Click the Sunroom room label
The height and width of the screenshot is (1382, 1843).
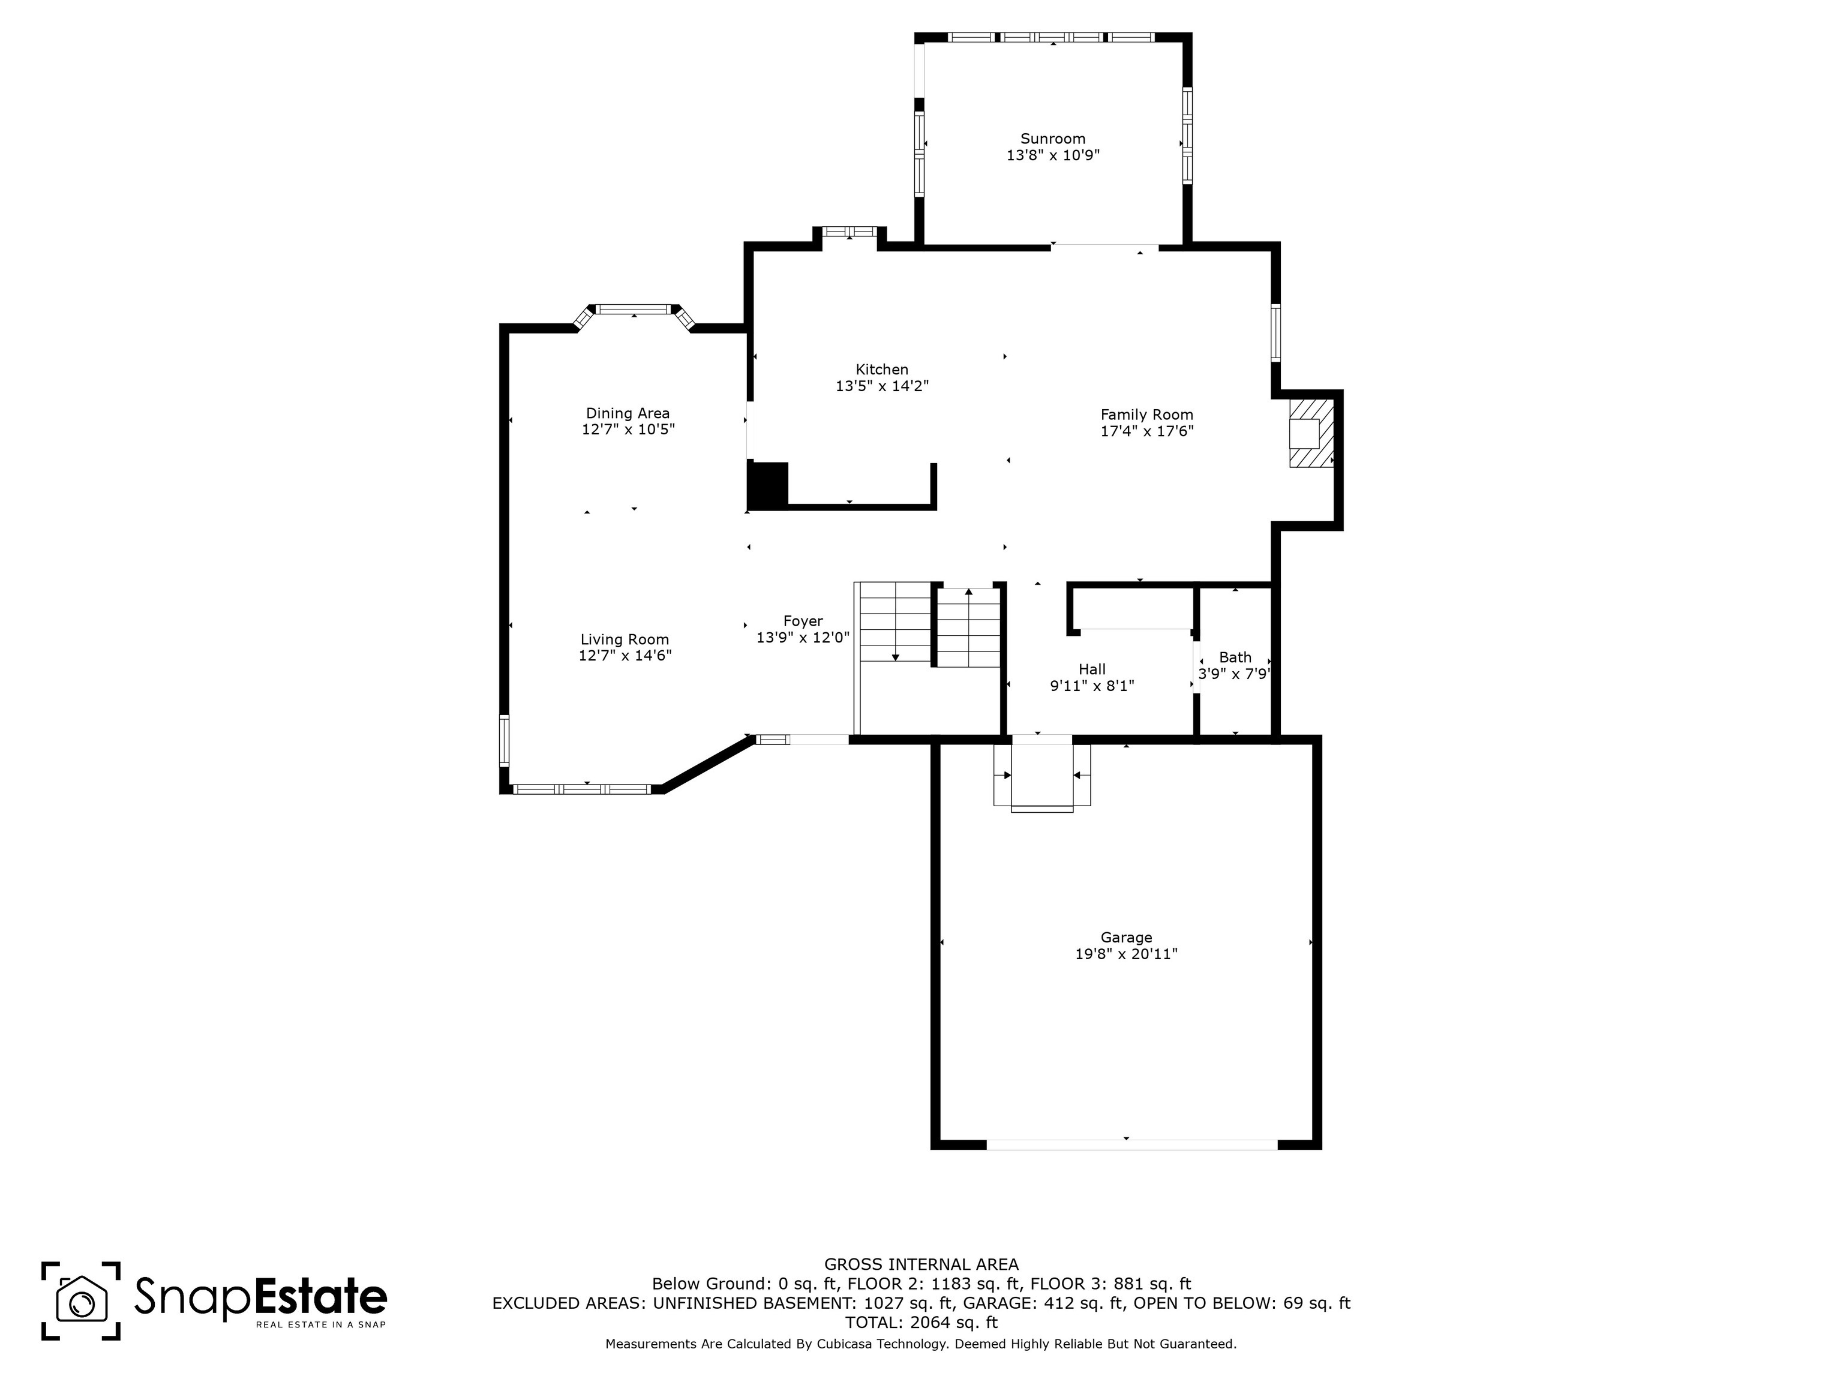point(1053,139)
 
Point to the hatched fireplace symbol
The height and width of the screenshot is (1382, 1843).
point(1311,432)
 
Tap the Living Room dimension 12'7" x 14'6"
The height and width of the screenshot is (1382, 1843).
point(625,656)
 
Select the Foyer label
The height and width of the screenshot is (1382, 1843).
point(802,621)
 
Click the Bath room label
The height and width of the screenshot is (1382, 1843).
point(1235,658)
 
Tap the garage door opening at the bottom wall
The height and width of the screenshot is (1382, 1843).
point(1131,1144)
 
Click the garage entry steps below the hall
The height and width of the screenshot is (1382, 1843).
point(1041,776)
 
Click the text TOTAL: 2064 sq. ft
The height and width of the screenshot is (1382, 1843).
point(921,1322)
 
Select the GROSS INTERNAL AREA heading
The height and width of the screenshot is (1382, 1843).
point(921,1264)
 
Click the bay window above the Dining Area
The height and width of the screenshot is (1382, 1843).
point(634,311)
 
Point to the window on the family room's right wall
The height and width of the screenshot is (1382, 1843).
point(1275,334)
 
